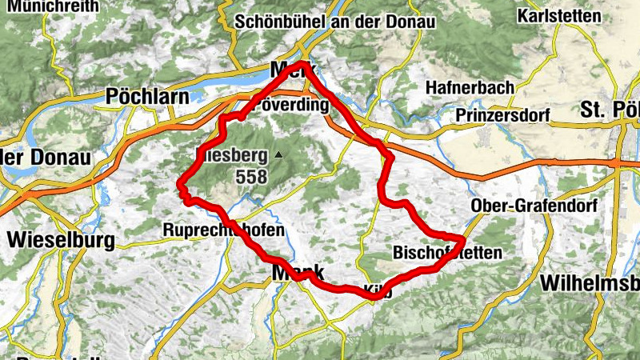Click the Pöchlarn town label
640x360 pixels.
click(147, 97)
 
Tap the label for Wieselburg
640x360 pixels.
click(61, 239)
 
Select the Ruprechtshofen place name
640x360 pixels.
click(223, 230)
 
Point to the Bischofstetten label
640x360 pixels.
click(447, 253)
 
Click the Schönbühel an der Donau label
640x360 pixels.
click(335, 22)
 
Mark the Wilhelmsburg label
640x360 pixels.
click(590, 283)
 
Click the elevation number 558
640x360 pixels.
click(251, 178)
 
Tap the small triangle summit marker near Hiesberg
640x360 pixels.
click(278, 154)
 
